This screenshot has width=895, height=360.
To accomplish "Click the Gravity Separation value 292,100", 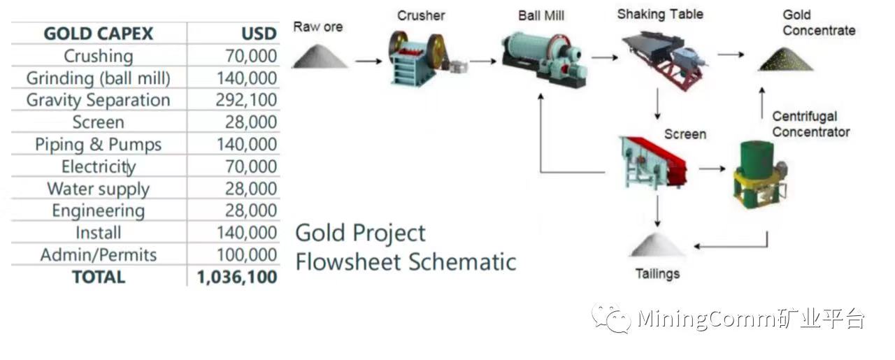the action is click(246, 100).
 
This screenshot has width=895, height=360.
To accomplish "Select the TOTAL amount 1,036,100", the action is click(237, 277).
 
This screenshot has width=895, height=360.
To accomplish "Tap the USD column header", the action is click(259, 34).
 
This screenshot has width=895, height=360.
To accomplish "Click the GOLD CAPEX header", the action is click(99, 34).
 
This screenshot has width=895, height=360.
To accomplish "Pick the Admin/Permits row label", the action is click(99, 255).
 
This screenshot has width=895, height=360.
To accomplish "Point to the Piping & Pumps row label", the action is click(99, 144).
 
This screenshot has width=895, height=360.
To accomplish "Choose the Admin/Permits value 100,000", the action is click(247, 255).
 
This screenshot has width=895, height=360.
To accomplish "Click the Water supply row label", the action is click(99, 189).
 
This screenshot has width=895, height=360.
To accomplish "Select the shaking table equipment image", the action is click(665, 60).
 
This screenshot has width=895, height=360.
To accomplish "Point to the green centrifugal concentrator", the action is click(760, 174).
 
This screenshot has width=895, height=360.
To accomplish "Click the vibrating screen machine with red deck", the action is click(652, 161).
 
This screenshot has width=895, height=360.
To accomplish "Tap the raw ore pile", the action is click(320, 57).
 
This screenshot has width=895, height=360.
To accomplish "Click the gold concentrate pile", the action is click(785, 59).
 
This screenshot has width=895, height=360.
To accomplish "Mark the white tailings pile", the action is click(657, 245).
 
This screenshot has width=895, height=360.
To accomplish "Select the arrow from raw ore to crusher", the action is click(368, 61).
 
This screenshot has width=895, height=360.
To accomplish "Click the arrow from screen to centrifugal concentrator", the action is click(712, 168).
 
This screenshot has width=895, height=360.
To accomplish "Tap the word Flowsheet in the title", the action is click(348, 263).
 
